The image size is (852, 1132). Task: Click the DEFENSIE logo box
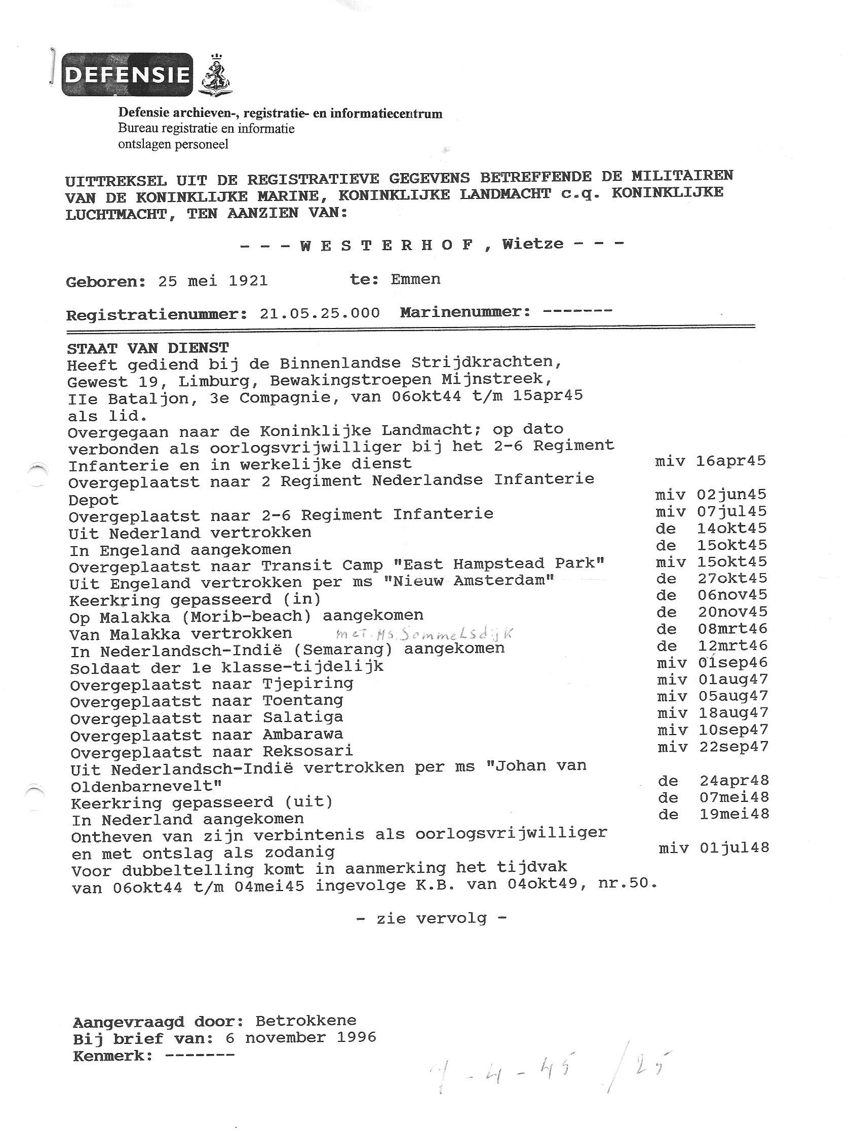pos(128,75)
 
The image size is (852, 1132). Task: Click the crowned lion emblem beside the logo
pos(214,75)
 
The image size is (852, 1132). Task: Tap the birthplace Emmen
pos(415,279)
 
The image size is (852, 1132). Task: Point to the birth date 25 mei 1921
pos(212,281)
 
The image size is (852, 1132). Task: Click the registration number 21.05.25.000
pos(320,313)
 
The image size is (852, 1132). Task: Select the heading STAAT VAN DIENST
pos(147,348)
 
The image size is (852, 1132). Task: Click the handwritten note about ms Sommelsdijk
pos(424,633)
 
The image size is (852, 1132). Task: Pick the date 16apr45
pos(731,461)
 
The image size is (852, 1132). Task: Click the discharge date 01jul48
pos(734,848)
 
